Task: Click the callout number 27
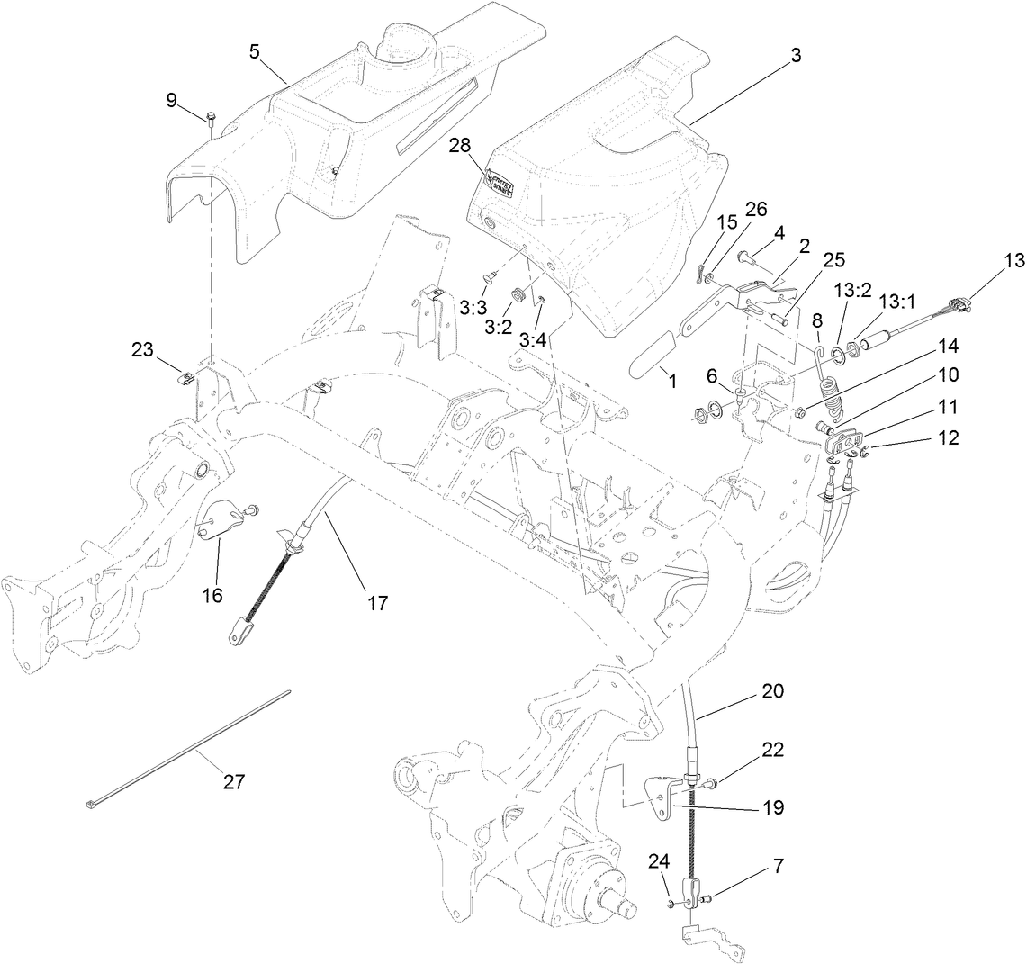tap(233, 782)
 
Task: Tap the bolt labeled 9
tap(210, 116)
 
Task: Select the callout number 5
tap(255, 52)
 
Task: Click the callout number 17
tap(377, 602)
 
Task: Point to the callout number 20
tap(772, 692)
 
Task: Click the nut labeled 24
tap(671, 902)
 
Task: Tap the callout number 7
tap(777, 867)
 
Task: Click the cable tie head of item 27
tap(93, 804)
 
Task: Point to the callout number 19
tap(772, 807)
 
